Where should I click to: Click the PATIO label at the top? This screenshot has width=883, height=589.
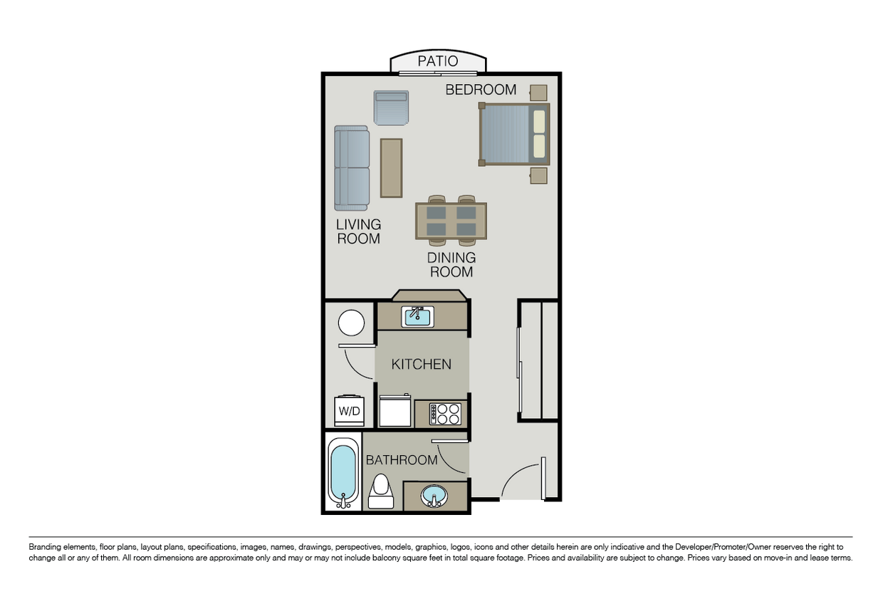pos(438,61)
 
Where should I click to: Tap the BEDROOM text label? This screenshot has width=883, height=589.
pos(481,90)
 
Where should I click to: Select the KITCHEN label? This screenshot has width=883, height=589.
pos(422,364)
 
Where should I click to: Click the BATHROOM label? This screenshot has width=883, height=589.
pos(402,460)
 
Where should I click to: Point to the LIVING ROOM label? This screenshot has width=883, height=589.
pos(358,231)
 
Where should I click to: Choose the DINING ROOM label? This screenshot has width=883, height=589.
pos(451,265)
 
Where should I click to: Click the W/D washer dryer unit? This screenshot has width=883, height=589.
pos(349,410)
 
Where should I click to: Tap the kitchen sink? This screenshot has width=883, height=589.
pos(418,316)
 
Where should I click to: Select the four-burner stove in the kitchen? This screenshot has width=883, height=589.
pos(447,414)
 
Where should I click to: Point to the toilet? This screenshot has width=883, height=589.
pos(382,491)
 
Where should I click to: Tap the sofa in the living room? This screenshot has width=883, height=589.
pos(352,168)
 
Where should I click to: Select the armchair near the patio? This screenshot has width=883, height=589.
pos(392,108)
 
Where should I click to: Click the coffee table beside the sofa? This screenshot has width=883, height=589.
pos(391,168)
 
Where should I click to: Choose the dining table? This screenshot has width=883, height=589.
pos(451,221)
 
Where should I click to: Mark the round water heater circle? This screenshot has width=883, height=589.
pos(351,323)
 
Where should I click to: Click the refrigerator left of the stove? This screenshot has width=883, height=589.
pos(395,412)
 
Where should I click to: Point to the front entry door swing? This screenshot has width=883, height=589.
pos(526,481)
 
